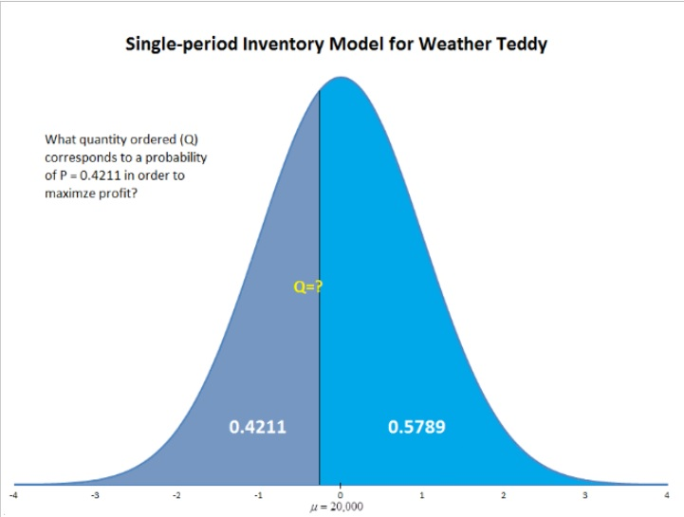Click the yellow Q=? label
tap(308, 286)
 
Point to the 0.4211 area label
tap(258, 427)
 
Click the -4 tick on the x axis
tap(12, 495)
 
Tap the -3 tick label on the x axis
tap(94, 495)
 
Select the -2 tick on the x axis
tap(176, 495)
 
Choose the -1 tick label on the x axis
tap(257, 495)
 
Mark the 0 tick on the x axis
tap(340, 495)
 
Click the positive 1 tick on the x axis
tap(422, 495)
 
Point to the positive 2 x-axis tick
tap(504, 495)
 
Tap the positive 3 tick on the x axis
tap(585, 495)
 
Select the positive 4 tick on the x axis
tap(667, 495)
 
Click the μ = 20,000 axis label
tap(340, 507)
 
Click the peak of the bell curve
tap(341, 78)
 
